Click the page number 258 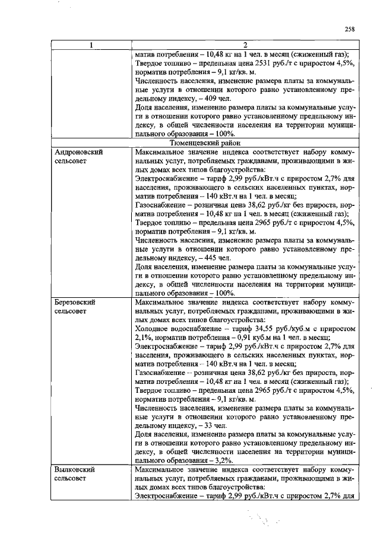(x=349, y=28)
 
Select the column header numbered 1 (x=91, y=45)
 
